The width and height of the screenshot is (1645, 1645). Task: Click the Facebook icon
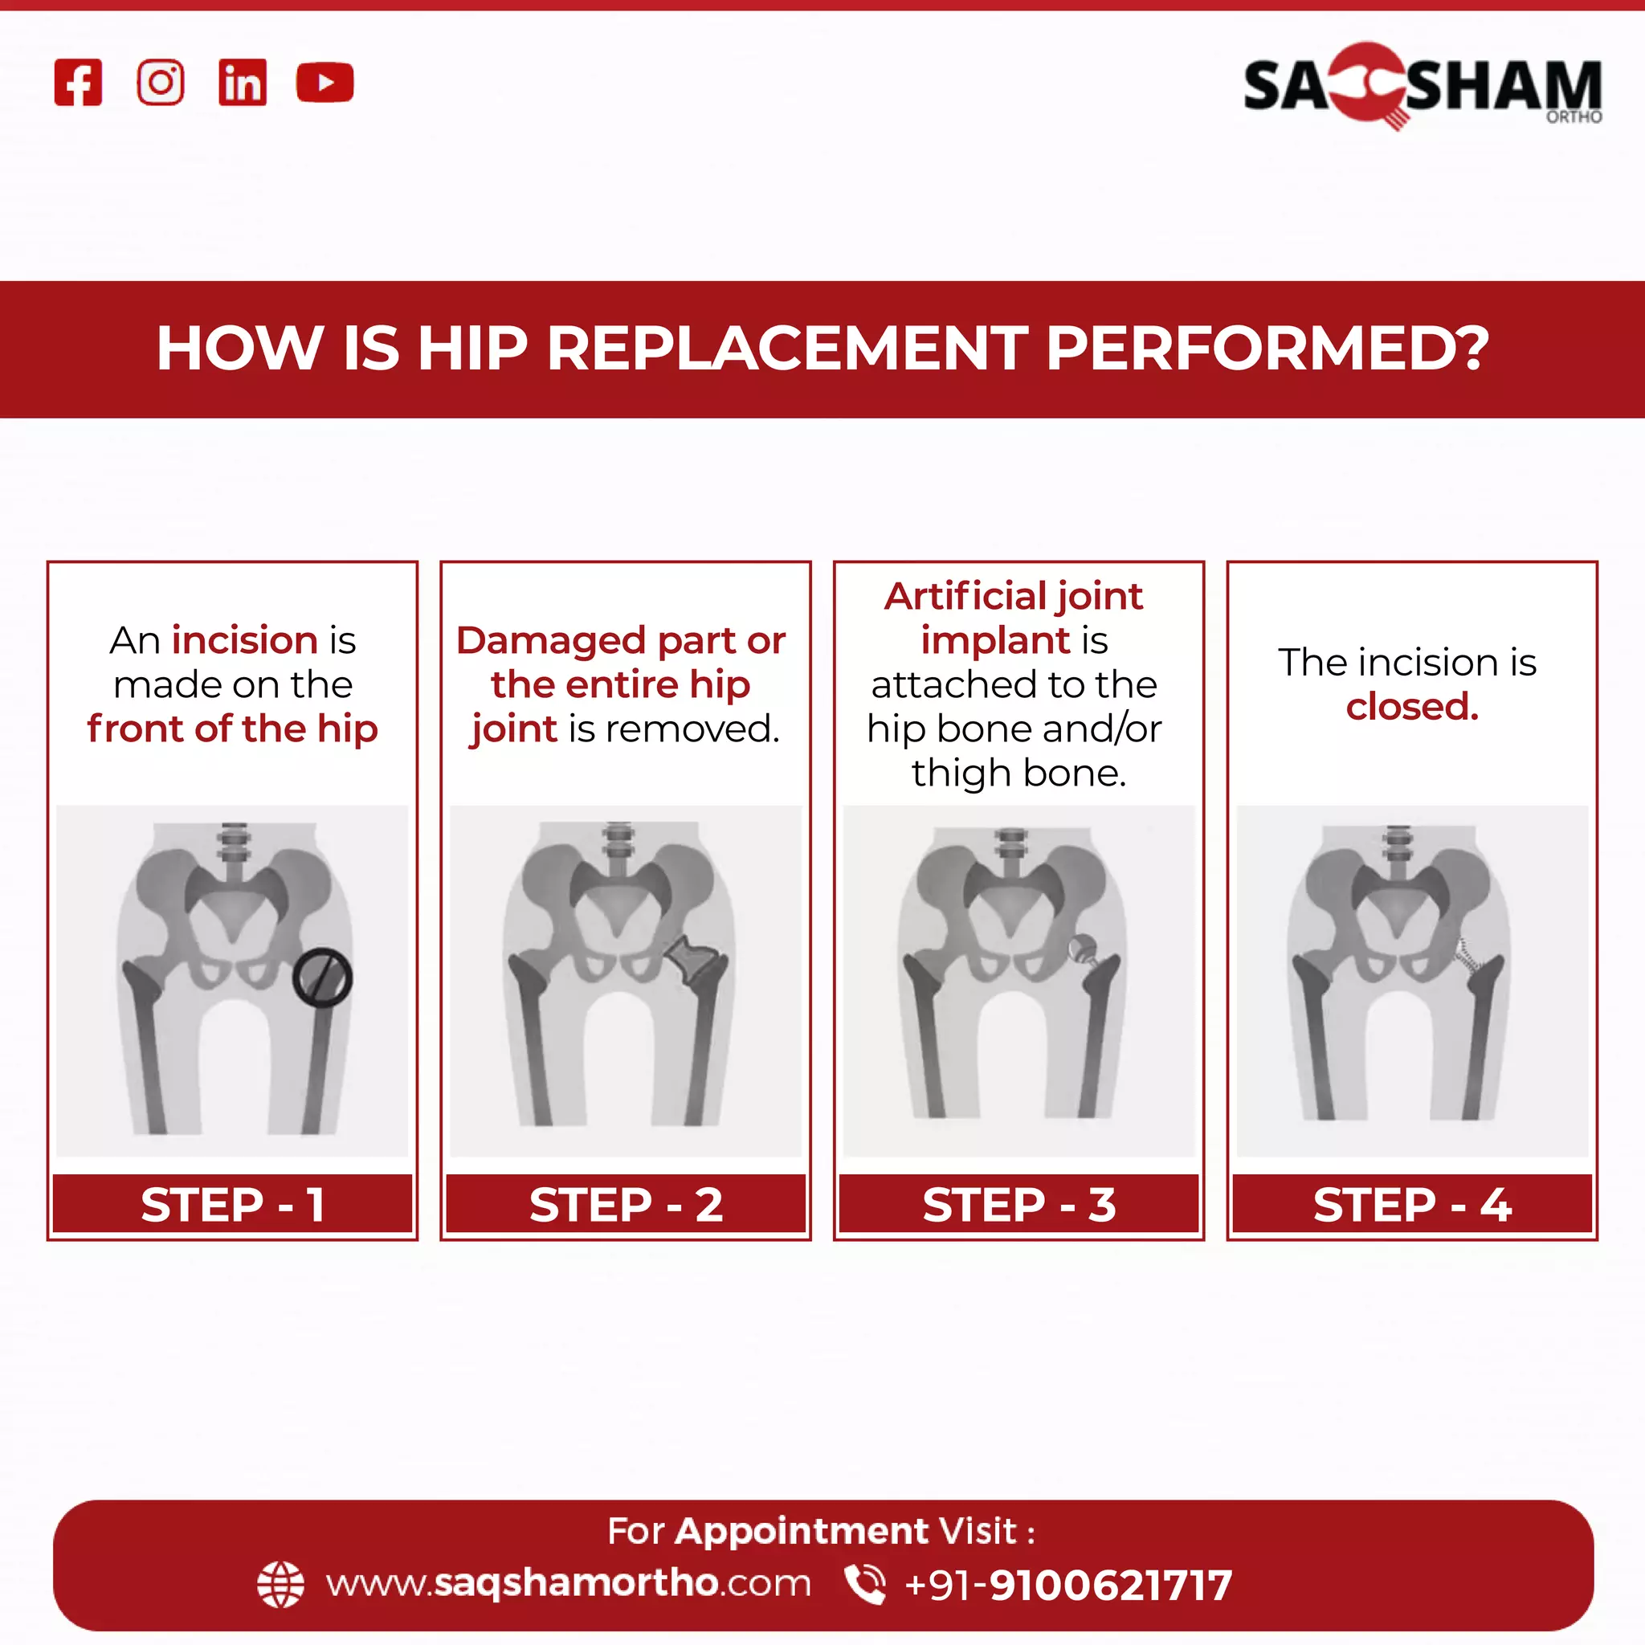[x=79, y=83]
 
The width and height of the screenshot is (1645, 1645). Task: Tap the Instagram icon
[x=160, y=83]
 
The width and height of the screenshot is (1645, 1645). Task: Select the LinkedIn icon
[x=243, y=83]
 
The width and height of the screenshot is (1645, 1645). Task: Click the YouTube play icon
[x=325, y=83]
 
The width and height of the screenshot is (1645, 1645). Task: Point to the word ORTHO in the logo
[x=1574, y=116]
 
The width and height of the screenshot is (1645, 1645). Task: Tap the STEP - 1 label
[x=232, y=1205]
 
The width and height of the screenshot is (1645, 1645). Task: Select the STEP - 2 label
[x=626, y=1205]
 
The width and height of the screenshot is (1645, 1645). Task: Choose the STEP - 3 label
[x=1019, y=1205]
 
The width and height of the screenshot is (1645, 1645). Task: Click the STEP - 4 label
[x=1412, y=1205]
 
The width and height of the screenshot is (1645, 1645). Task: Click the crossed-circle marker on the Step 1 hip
[x=322, y=978]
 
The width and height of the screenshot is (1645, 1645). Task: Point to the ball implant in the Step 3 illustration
[x=1083, y=948]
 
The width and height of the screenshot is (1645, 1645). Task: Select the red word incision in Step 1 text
[x=245, y=640]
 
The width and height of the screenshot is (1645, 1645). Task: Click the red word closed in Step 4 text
[x=1412, y=707]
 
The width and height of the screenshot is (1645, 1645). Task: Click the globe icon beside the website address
[x=280, y=1585]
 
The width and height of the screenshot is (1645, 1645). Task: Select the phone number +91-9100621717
[x=1068, y=1586]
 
